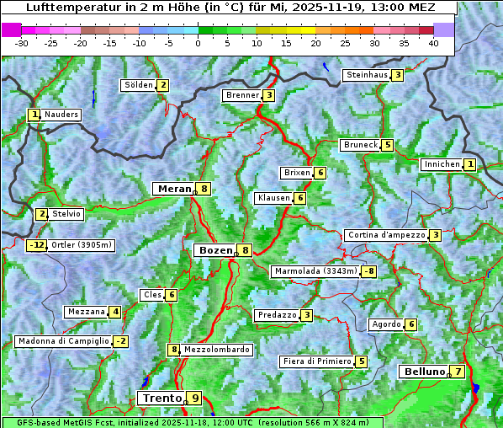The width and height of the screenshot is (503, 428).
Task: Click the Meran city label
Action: [173, 189]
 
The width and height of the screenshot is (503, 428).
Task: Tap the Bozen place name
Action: [214, 250]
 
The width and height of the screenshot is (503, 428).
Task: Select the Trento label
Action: [161, 398]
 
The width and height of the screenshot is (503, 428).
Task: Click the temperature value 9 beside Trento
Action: [195, 398]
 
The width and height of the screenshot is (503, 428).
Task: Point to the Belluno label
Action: [423, 372]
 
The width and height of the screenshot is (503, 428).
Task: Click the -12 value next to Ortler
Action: [37, 245]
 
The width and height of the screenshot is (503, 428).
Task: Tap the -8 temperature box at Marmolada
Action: [368, 271]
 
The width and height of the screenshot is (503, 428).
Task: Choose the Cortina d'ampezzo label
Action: [385, 235]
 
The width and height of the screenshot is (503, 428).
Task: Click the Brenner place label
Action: [242, 95]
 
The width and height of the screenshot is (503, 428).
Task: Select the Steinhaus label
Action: [367, 75]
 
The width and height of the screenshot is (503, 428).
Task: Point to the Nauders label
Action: [61, 115]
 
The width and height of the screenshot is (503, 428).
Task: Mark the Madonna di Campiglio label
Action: [63, 341]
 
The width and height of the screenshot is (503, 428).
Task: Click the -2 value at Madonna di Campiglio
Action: [121, 341]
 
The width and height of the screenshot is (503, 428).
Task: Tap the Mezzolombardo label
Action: [216, 350]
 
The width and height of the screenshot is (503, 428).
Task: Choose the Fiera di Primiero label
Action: [316, 361]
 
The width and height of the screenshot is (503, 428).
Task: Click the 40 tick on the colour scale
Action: [433, 42]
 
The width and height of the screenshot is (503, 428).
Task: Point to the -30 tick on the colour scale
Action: [22, 42]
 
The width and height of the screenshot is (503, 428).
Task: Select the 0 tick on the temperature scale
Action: [199, 42]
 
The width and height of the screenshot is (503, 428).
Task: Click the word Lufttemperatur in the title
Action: [64, 8]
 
